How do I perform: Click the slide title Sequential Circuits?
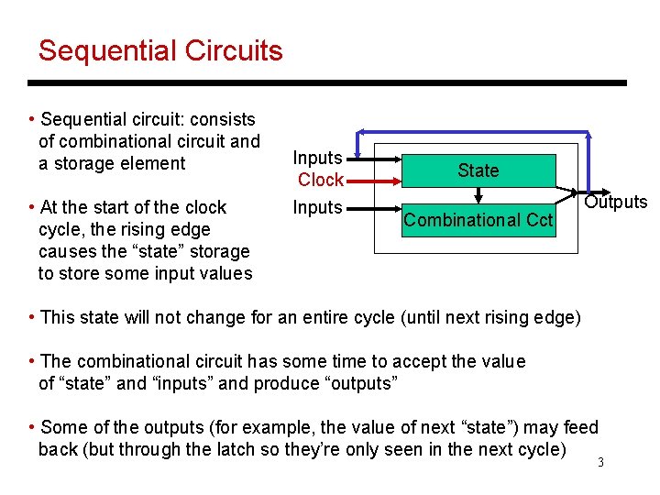[160, 50]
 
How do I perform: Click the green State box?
[478, 170]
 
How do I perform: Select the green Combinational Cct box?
[478, 220]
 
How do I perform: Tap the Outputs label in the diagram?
[616, 203]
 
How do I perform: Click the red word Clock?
[321, 180]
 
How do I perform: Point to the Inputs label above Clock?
[317, 159]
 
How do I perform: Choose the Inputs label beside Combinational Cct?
[317, 207]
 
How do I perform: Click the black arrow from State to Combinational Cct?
[478, 195]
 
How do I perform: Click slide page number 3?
[600, 462]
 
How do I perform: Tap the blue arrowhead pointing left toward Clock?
[362, 133]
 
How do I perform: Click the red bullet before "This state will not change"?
[32, 317]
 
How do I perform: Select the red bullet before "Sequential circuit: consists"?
[32, 119]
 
